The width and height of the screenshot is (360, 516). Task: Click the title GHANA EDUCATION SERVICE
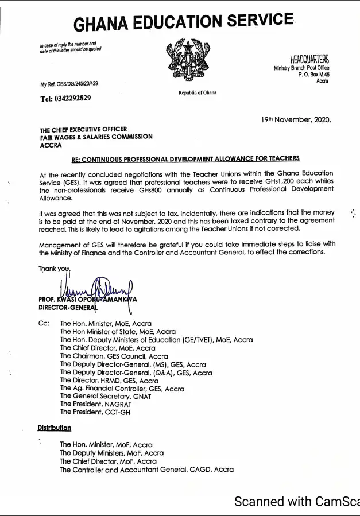click(x=184, y=22)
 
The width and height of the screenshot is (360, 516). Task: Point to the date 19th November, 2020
click(x=296, y=120)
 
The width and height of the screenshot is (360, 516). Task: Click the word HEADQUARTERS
click(x=309, y=60)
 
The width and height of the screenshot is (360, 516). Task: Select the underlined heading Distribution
click(x=55, y=428)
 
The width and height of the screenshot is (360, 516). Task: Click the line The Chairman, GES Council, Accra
click(x=114, y=356)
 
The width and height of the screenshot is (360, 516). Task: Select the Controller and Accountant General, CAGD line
click(x=146, y=470)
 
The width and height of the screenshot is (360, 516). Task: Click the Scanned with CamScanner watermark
click(x=296, y=501)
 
